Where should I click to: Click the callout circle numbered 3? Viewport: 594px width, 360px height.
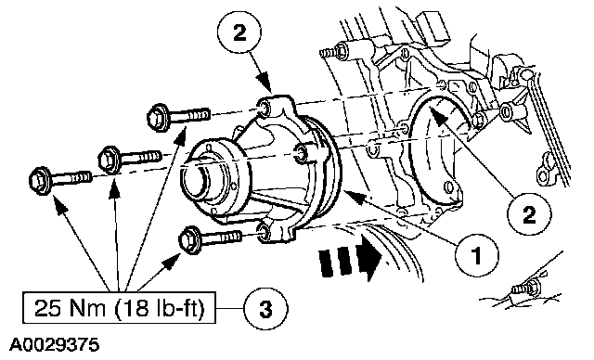[x=265, y=309]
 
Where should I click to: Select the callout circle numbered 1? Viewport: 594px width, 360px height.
[x=476, y=254]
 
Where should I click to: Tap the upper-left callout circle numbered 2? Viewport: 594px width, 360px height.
[x=239, y=32]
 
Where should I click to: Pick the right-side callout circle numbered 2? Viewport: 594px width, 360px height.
[x=529, y=214]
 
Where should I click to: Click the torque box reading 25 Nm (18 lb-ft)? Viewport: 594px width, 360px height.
[x=119, y=308]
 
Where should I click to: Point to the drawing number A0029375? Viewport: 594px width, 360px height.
[x=54, y=345]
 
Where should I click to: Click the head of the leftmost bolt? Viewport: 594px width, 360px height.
[x=40, y=181]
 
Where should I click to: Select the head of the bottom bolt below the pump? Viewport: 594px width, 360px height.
[x=189, y=239]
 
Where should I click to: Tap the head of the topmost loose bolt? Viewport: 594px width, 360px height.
[x=158, y=117]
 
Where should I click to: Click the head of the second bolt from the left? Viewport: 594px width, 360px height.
[x=110, y=160]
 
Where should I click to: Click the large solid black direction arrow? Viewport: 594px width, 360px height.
[x=350, y=259]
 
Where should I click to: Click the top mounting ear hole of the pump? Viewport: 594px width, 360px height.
[x=264, y=109]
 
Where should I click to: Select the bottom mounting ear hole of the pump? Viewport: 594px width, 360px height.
[x=264, y=233]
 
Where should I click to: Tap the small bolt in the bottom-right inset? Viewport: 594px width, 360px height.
[x=527, y=288]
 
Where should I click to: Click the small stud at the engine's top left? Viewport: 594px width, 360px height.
[x=333, y=51]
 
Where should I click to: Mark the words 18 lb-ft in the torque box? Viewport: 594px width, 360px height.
[x=160, y=308]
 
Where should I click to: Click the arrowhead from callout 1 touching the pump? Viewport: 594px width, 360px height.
[x=355, y=196]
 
